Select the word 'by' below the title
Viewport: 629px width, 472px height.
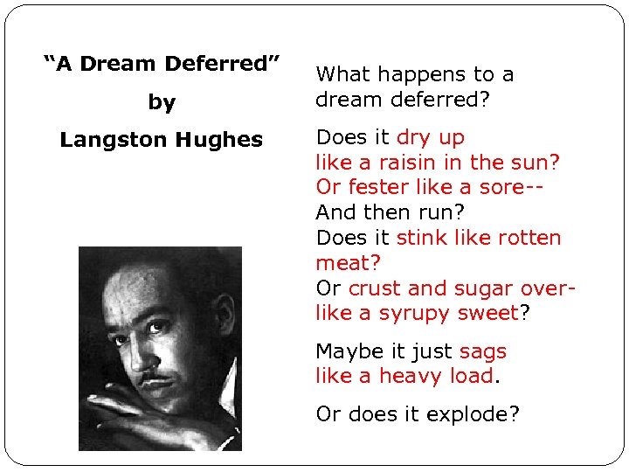[x=162, y=102]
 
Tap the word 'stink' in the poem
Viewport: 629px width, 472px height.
[x=424, y=238]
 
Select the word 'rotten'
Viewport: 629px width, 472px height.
[x=527, y=238]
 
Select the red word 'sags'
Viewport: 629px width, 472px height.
[x=482, y=352]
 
